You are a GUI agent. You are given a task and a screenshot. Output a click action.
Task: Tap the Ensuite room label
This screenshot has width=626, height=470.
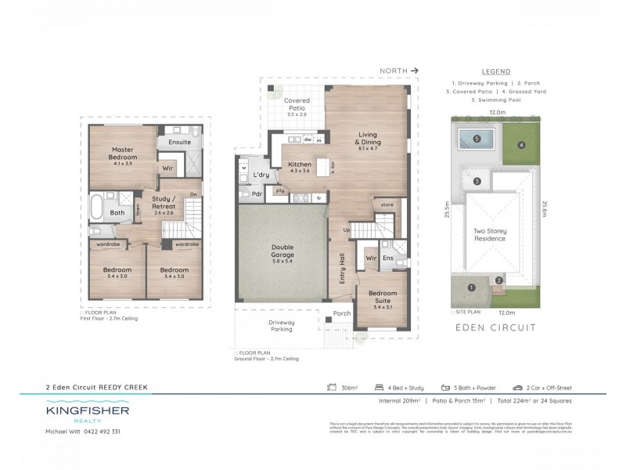(x=179, y=142)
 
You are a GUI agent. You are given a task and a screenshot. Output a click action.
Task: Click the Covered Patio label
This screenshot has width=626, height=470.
(x=297, y=104)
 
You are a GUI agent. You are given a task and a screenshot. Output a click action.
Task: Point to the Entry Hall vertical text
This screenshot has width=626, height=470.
(x=342, y=269)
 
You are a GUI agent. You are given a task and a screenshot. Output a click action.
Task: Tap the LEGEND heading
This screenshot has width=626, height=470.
(x=496, y=70)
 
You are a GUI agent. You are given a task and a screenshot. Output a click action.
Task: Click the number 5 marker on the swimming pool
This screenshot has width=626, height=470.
(x=477, y=140)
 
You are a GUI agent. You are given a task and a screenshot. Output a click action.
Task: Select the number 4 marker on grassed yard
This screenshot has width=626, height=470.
(x=520, y=144)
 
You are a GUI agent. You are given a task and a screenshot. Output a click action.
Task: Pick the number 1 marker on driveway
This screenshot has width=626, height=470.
(x=471, y=287)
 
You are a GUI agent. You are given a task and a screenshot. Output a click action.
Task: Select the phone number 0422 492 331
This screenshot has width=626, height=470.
(x=103, y=432)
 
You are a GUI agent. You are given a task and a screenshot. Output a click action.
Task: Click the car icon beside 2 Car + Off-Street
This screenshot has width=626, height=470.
(x=517, y=387)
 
